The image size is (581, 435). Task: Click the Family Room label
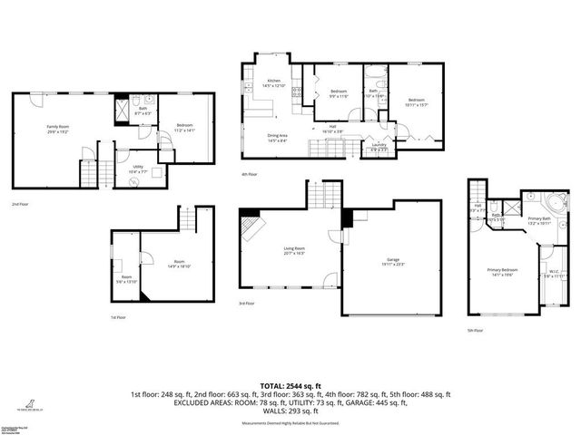pos(59,128)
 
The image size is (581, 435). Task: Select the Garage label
pos(392,260)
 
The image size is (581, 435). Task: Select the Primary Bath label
pos(540,218)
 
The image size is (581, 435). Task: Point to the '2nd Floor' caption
pos(19,205)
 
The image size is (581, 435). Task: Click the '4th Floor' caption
pos(250,173)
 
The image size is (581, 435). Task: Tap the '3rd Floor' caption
pos(246,304)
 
